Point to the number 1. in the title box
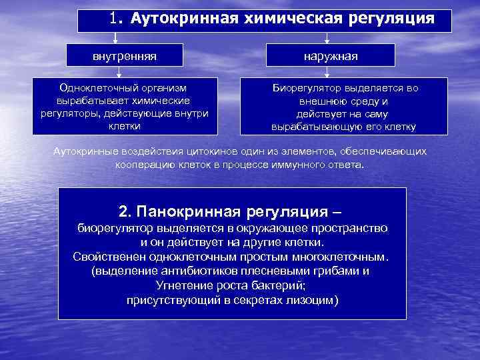pos(117,19)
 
